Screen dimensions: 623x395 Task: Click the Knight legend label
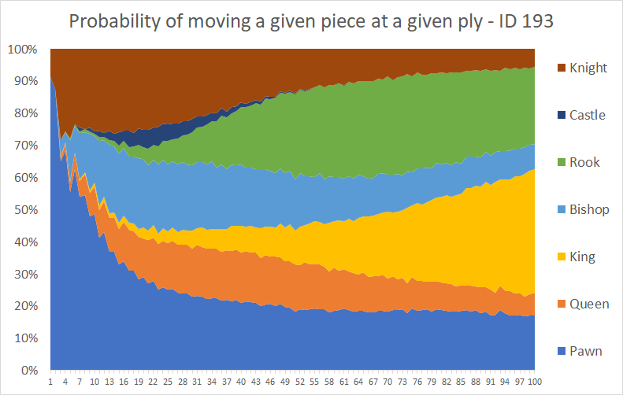[588, 68]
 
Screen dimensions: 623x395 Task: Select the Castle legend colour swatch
[562, 115]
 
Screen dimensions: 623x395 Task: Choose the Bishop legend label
[589, 209]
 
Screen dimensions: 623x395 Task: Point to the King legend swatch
[562, 257]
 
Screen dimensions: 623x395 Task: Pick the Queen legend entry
[584, 304]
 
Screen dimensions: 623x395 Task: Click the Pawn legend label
[586, 352]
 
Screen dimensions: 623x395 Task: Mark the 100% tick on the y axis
[23, 50]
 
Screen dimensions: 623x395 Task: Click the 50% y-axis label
[26, 210]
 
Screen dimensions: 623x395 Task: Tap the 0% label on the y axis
[29, 371]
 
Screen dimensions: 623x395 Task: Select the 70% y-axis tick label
[26, 146]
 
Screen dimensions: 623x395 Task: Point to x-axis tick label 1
[50, 382]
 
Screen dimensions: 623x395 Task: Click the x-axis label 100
[535, 382]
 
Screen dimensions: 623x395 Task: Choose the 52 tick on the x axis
[300, 382]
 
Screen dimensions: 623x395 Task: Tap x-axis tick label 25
[168, 382]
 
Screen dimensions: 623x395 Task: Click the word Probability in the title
[114, 21]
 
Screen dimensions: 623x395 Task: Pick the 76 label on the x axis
[417, 382]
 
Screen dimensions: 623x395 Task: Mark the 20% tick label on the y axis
[26, 306]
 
